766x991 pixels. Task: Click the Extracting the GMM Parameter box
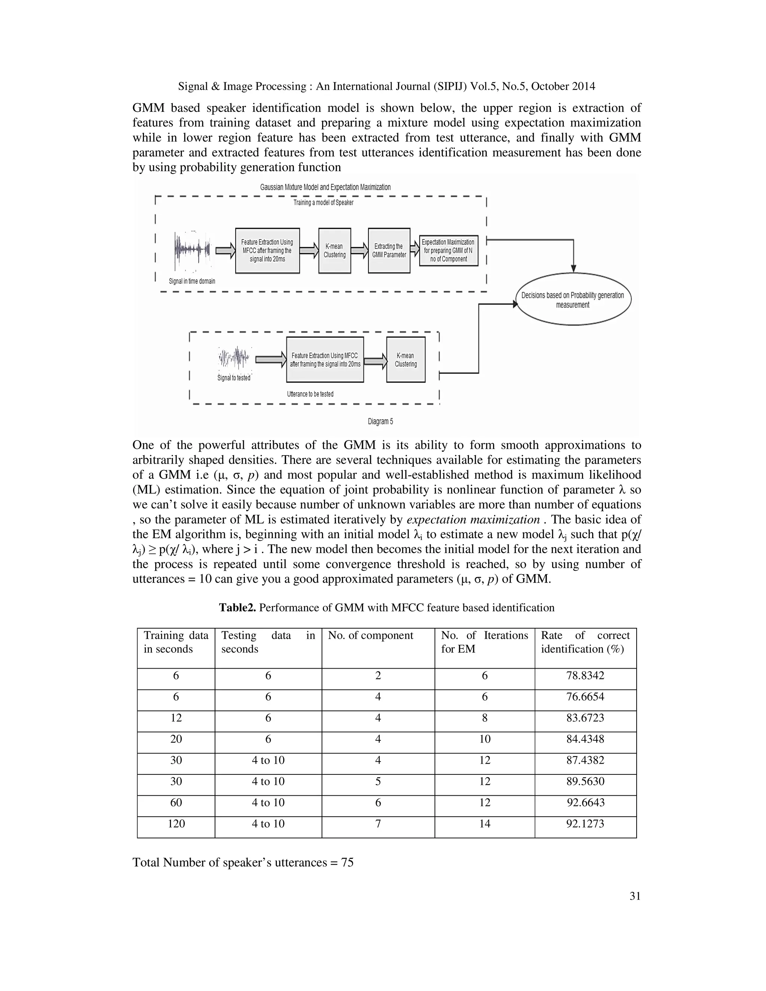tap(389, 251)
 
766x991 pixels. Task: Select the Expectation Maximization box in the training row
tap(448, 251)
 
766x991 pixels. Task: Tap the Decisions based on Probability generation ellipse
tap(573, 300)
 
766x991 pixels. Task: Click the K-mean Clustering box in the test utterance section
tap(406, 360)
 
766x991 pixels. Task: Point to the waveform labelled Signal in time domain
tap(192, 251)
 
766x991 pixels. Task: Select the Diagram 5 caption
tap(380, 421)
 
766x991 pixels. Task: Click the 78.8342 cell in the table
tap(585, 676)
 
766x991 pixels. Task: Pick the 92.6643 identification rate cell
tap(585, 803)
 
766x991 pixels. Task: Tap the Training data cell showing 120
tap(176, 823)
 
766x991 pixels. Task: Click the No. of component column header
tap(370, 635)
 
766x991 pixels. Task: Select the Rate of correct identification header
tap(585, 642)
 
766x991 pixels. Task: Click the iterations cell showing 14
tap(485, 823)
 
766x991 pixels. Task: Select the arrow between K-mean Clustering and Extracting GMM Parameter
tap(359, 251)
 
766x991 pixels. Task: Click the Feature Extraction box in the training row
tap(267, 251)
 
